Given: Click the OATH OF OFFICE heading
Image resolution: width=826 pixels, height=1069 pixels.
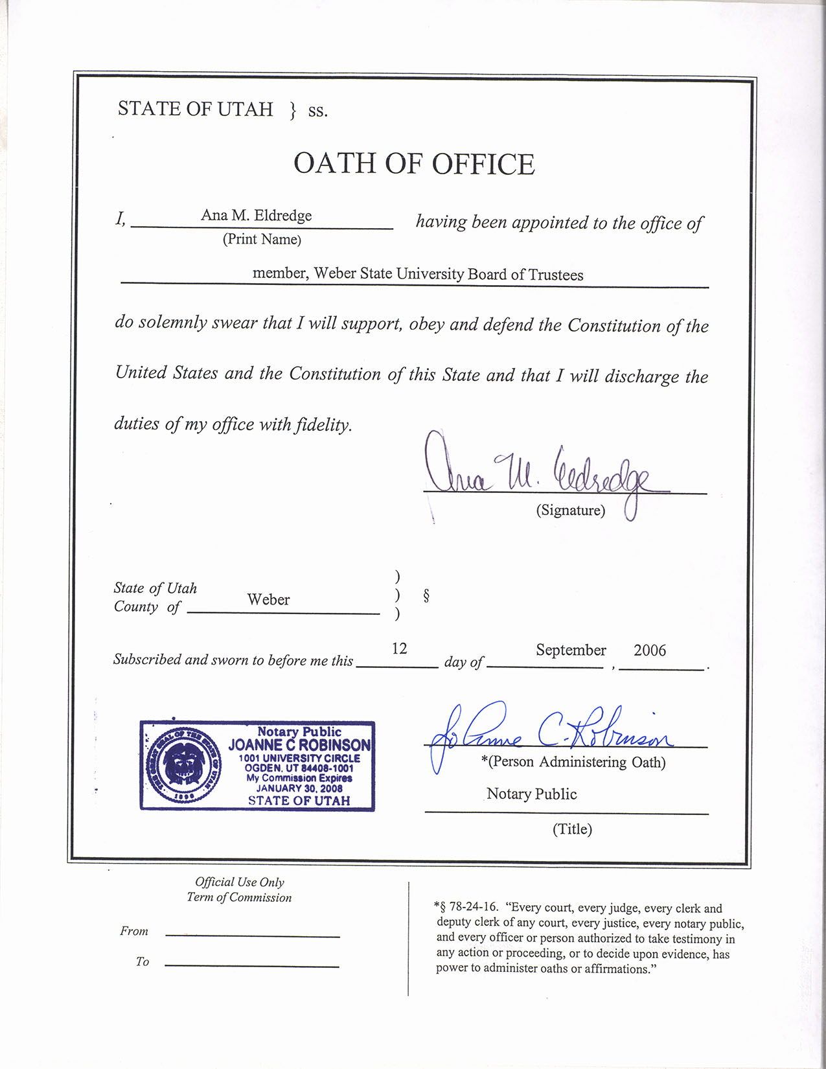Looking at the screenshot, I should pyautogui.click(x=414, y=164).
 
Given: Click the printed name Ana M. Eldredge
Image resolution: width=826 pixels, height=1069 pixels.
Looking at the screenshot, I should pyautogui.click(x=256, y=215).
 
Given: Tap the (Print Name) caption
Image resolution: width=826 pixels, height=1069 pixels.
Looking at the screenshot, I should pyautogui.click(x=262, y=239).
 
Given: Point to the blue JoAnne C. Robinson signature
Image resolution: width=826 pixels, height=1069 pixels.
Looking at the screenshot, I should pyautogui.click(x=551, y=733).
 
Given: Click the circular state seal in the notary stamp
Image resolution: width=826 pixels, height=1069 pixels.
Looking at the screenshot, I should pyautogui.click(x=185, y=765).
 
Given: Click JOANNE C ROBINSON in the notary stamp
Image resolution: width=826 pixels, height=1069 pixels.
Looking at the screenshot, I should pyautogui.click(x=299, y=745).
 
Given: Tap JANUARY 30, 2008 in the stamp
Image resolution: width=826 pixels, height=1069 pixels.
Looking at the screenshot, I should pyautogui.click(x=299, y=788).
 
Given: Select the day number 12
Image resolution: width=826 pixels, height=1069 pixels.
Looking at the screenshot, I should pyautogui.click(x=399, y=649).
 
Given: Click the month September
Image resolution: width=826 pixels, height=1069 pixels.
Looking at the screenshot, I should pyautogui.click(x=571, y=650).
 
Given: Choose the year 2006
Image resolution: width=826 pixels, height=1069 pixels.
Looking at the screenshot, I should pyautogui.click(x=649, y=650).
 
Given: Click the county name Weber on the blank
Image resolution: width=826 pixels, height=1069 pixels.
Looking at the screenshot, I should pyautogui.click(x=268, y=600).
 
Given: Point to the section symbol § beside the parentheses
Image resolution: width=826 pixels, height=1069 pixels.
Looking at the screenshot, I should pyautogui.click(x=426, y=595).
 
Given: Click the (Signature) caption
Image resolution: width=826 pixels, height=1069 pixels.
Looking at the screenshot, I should pyautogui.click(x=570, y=511).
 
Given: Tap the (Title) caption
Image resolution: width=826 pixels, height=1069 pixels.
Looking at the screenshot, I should pyautogui.click(x=572, y=829).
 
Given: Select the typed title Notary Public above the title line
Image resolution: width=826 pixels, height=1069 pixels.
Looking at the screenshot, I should pyautogui.click(x=531, y=794).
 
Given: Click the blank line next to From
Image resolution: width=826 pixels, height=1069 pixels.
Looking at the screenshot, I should pyautogui.click(x=252, y=936).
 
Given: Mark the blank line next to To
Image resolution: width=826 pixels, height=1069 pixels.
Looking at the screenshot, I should pyautogui.click(x=252, y=966).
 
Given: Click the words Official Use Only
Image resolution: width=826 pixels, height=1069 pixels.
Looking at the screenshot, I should pyautogui.click(x=240, y=882).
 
